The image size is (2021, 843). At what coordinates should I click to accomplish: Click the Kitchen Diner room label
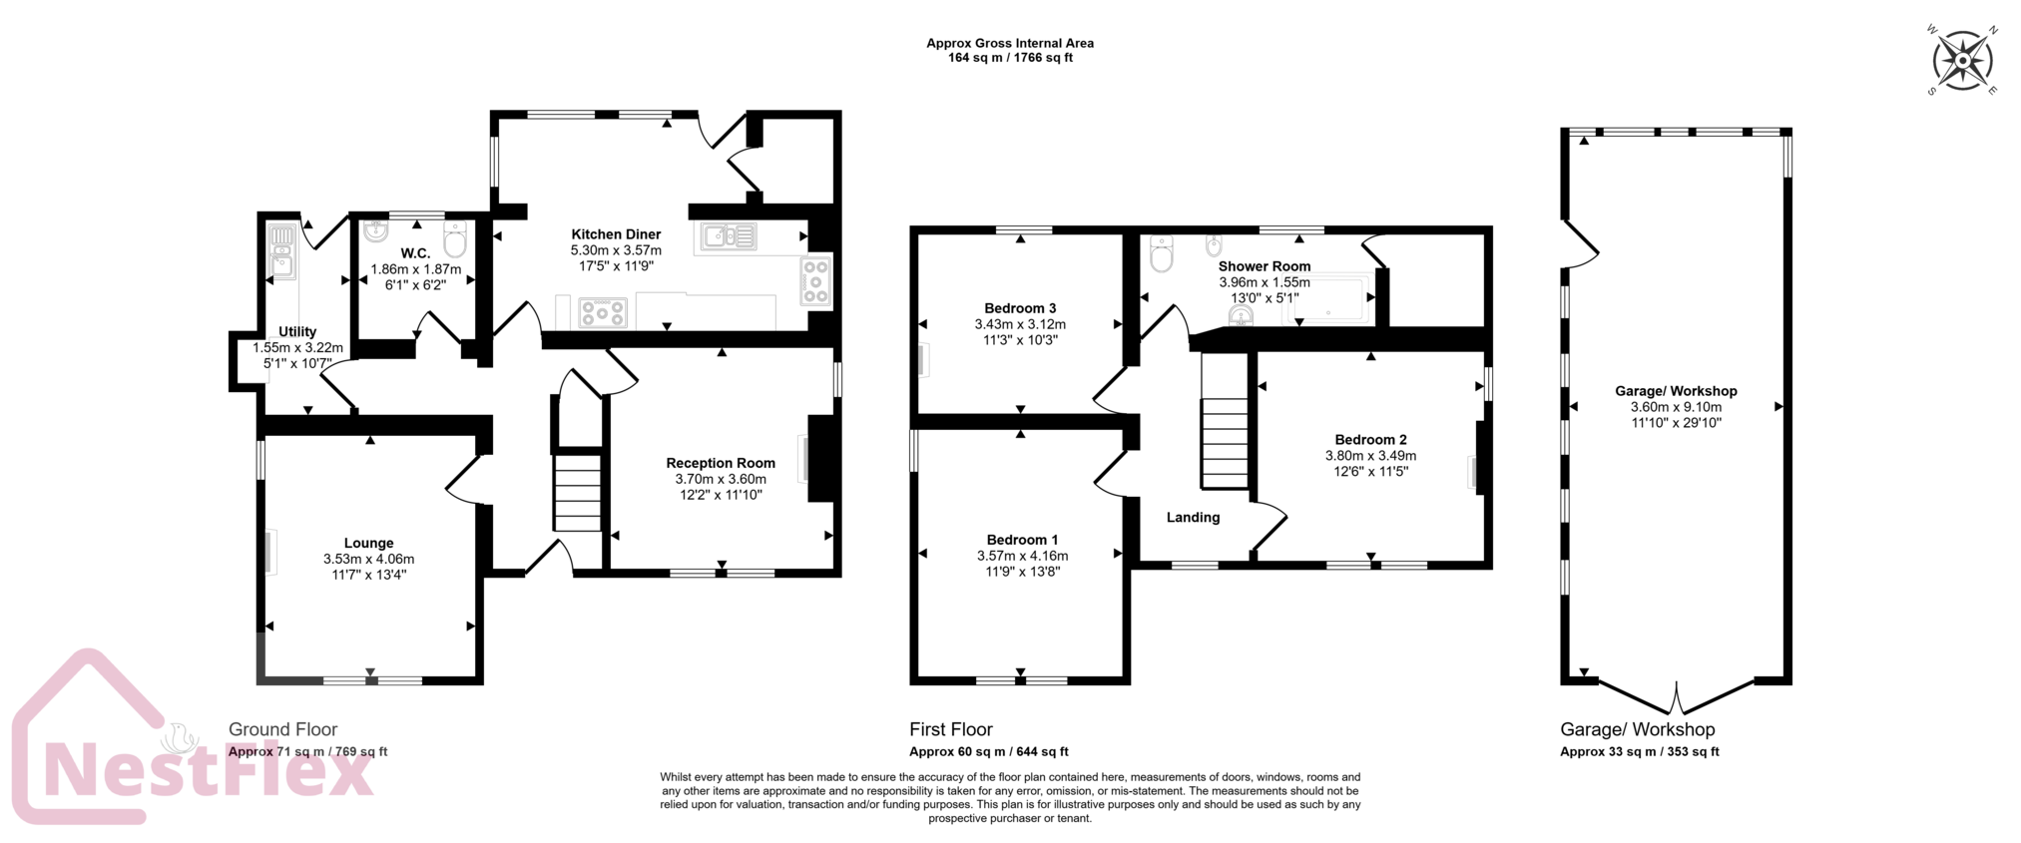(x=616, y=234)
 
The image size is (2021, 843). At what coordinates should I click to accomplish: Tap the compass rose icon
(x=1962, y=61)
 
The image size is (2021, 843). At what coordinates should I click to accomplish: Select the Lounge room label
(x=369, y=544)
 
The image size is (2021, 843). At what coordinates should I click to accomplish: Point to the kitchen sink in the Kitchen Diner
(x=730, y=236)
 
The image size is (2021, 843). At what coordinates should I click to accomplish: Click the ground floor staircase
(x=578, y=492)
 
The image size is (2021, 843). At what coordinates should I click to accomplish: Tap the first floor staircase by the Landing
(x=1225, y=443)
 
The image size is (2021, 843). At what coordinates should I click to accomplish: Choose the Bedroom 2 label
(x=1370, y=440)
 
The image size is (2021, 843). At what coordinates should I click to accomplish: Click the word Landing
(x=1193, y=517)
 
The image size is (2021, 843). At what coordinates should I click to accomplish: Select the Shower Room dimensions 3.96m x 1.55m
(x=1264, y=282)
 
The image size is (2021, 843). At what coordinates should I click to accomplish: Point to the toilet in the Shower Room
(x=1161, y=255)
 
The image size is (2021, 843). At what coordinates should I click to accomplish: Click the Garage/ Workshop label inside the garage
(x=1676, y=391)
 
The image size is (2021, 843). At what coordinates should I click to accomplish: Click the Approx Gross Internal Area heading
(x=1010, y=43)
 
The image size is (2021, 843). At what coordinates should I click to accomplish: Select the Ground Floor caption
(x=283, y=729)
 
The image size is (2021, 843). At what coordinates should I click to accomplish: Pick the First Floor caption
(x=951, y=729)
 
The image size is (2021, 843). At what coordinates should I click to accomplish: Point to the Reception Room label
(x=721, y=463)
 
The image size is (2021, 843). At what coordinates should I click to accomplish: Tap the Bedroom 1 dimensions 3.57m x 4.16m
(x=1022, y=556)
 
